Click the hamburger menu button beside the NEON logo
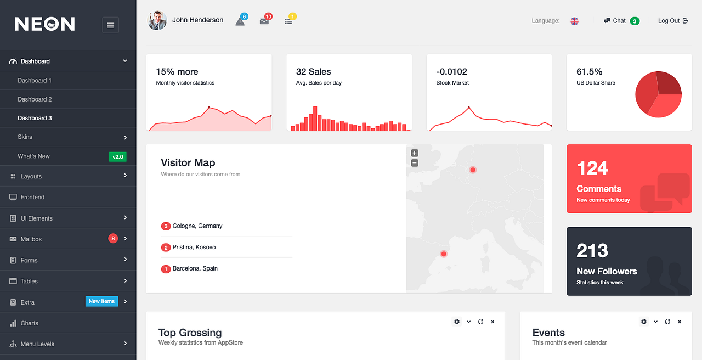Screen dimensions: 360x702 click(110, 25)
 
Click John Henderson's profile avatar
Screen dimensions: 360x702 click(157, 20)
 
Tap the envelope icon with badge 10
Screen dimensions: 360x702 click(264, 21)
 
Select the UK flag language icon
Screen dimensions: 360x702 click(574, 21)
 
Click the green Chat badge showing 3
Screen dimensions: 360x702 click(635, 21)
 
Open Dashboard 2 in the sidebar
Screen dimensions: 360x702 click(35, 99)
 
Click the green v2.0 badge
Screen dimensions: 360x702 click(118, 156)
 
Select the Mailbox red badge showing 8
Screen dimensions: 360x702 click(113, 238)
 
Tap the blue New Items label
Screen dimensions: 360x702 click(101, 301)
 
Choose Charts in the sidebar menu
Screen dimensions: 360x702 click(30, 323)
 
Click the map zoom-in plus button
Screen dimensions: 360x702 click(415, 153)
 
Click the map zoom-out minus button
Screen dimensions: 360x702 click(415, 163)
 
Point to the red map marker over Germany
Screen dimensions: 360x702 click(473, 170)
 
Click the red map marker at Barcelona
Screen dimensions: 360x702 click(444, 254)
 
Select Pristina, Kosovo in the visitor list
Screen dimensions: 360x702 click(194, 248)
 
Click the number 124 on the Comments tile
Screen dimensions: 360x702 click(592, 168)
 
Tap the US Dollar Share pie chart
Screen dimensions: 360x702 click(658, 94)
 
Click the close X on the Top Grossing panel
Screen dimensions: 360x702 click(492, 322)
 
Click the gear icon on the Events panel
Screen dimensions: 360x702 click(643, 322)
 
